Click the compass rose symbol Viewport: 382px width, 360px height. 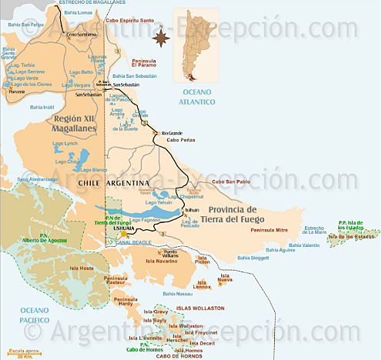point(160,35)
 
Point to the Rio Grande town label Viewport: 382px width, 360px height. point(173,133)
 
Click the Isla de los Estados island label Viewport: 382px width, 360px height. point(355,236)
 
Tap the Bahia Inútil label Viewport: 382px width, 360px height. point(42,107)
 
